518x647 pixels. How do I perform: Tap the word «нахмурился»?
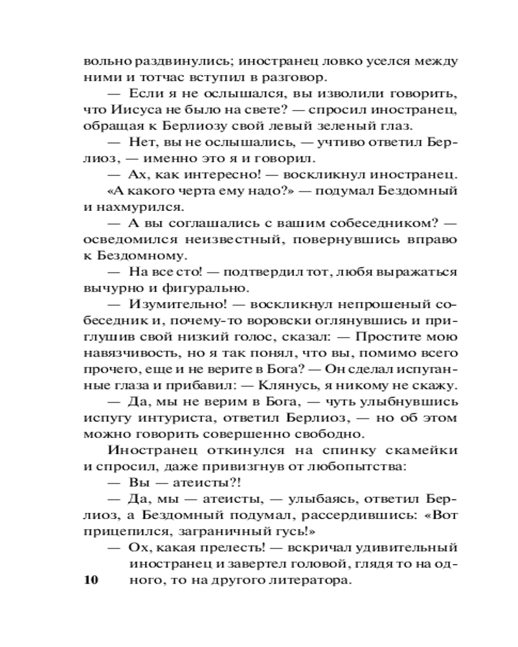click(143, 207)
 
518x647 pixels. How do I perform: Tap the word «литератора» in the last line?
click(311, 580)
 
